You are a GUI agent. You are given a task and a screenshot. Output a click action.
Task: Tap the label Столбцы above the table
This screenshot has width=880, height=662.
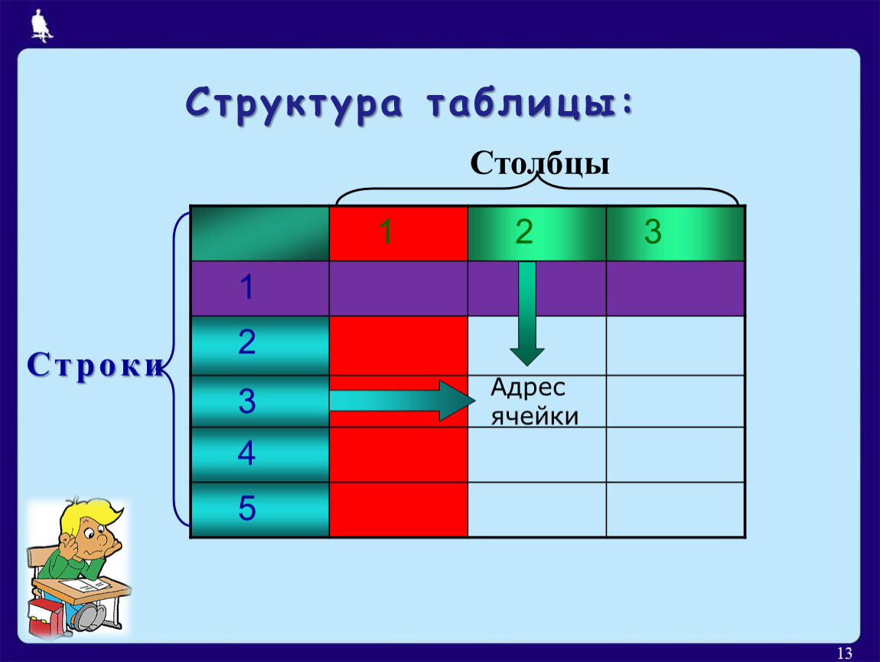tap(539, 163)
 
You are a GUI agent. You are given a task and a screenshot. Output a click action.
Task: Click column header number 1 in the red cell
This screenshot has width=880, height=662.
tap(386, 232)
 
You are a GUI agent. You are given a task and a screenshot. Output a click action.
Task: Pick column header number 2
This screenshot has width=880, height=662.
tap(523, 232)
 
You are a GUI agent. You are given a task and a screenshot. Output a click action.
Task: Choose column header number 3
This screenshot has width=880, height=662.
tap(652, 232)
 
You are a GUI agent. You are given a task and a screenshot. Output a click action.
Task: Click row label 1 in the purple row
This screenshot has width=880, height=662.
tap(246, 289)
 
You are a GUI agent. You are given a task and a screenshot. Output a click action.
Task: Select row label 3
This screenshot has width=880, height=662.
tap(246, 401)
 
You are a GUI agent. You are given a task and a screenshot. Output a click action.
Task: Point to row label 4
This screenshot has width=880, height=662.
tap(246, 454)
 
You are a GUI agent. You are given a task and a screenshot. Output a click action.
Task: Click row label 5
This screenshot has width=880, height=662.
tap(246, 509)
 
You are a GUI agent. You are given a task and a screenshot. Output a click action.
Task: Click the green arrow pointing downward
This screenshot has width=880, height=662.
tap(527, 314)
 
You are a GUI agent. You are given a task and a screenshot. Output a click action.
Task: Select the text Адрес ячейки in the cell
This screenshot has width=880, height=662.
tap(534, 401)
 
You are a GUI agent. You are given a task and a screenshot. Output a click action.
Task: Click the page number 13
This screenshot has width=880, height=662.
tap(845, 653)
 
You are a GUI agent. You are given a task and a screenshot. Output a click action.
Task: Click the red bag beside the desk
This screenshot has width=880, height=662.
tap(46, 617)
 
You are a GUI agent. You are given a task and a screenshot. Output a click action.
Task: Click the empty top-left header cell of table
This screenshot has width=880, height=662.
tap(259, 234)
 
